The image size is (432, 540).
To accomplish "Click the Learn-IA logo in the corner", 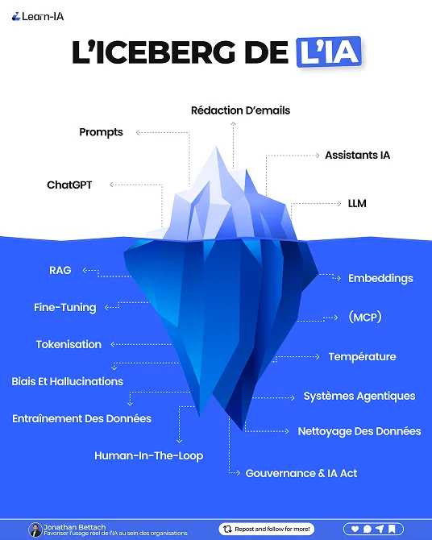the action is click(x=38, y=16).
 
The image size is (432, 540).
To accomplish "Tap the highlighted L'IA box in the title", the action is click(x=329, y=52).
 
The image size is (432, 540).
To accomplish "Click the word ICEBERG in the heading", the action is click(x=165, y=52).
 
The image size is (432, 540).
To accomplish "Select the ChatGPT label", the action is click(x=69, y=185).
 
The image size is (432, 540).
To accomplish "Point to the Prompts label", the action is click(x=101, y=132).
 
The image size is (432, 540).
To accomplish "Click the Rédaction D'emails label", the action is click(x=240, y=110).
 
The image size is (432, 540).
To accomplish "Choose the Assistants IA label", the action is click(x=357, y=155).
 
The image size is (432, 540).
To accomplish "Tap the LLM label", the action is click(x=357, y=204).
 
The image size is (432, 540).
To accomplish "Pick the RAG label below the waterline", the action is click(x=60, y=270).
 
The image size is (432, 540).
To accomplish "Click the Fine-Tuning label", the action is click(x=65, y=308).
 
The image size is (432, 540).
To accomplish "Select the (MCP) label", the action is click(x=365, y=317).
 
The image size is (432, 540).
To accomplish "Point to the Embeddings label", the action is click(x=380, y=278).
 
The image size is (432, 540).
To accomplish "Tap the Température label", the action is click(x=362, y=357).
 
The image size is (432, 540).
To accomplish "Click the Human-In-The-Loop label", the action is click(x=149, y=456).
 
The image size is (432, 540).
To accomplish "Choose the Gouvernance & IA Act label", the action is click(x=301, y=474).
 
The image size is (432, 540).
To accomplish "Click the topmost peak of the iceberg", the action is click(x=216, y=147).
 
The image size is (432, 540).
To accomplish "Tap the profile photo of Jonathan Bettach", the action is click(x=35, y=530).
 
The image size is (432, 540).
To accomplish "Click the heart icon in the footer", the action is click(x=355, y=529).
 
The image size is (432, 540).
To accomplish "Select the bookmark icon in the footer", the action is click(x=392, y=529).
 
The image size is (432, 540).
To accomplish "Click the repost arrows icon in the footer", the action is click(x=227, y=529).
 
